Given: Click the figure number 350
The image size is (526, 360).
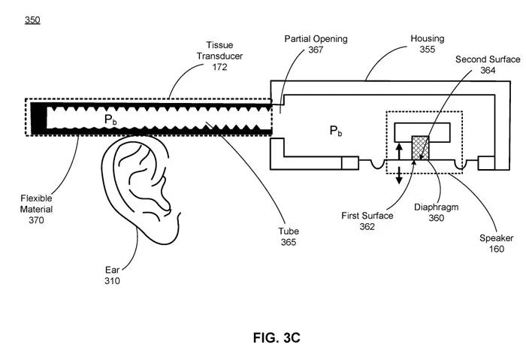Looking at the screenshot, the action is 32,20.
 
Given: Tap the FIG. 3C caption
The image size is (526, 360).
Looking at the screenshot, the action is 277,337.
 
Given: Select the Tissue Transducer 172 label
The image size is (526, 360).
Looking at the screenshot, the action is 219,56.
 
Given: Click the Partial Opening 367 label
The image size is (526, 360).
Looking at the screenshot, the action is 316,44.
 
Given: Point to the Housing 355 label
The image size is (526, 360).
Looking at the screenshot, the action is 428,44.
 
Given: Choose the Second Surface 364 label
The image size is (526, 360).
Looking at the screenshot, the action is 488,65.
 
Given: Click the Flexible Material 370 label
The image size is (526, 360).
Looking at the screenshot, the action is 36,209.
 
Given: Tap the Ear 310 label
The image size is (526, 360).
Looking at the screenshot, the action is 112,275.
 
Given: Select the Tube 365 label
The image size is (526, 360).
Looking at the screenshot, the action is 289,237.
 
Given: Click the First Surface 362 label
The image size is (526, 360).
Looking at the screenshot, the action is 367,221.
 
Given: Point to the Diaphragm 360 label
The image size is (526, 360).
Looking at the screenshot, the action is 436,213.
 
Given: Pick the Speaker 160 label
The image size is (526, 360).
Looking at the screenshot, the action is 496,244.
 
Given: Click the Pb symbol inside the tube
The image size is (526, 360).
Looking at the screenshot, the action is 110,119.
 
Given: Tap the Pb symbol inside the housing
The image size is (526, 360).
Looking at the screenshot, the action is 336,131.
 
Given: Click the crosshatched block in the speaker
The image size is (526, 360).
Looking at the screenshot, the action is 420,148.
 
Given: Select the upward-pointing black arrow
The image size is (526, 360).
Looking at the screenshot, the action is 399,152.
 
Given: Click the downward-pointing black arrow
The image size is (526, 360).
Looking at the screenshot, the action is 399,175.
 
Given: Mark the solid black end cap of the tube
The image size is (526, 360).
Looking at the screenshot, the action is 39,117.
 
